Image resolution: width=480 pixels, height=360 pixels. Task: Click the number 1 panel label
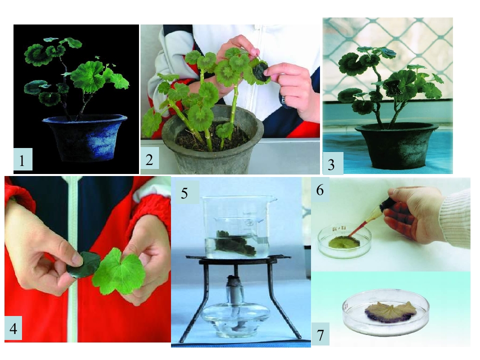(x=21, y=160)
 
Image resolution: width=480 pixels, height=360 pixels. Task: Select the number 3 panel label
(x=331, y=164)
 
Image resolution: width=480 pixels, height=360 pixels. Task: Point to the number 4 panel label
(x=13, y=329)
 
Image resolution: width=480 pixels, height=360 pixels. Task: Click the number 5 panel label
(x=184, y=193)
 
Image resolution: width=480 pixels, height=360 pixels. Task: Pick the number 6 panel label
(x=320, y=190)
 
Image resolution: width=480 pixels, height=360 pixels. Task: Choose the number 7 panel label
(x=320, y=335)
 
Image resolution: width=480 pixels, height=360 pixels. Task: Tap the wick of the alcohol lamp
(x=235, y=279)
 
